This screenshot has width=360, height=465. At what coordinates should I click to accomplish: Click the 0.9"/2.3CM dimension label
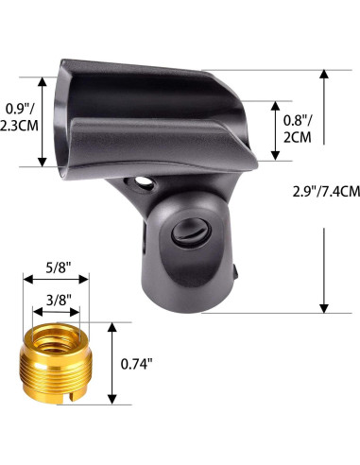click(19, 117)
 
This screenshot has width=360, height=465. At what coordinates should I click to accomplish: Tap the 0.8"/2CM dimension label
click(298, 129)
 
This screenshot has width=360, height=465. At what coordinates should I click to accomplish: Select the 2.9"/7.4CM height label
click(326, 192)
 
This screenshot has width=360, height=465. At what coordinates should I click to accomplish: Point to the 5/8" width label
click(58, 267)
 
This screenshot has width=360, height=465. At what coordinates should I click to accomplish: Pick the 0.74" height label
click(136, 364)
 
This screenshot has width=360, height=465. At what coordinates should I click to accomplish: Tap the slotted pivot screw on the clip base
click(191, 232)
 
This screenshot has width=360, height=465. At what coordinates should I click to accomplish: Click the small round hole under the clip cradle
click(144, 182)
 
